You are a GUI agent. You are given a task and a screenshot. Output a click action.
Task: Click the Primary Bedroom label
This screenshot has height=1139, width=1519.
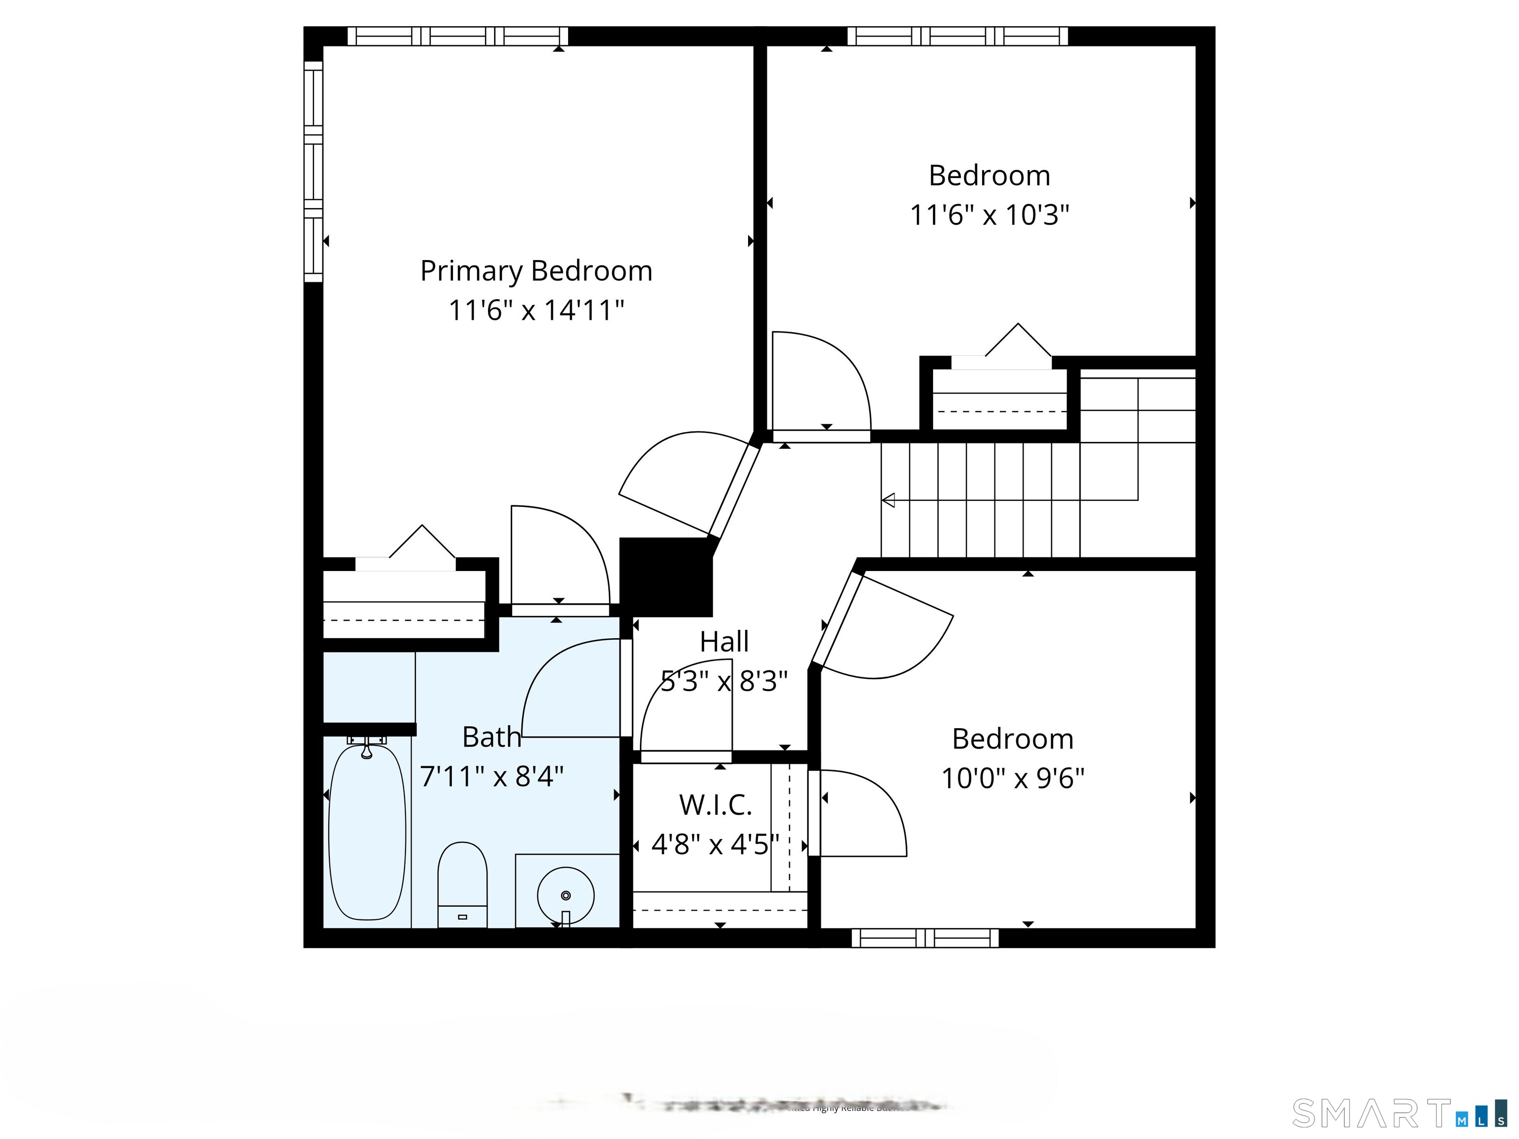tap(536, 271)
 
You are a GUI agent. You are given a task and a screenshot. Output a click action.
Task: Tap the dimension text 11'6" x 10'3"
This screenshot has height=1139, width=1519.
tap(989, 216)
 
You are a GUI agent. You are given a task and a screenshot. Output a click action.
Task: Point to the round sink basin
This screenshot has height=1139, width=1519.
tap(565, 895)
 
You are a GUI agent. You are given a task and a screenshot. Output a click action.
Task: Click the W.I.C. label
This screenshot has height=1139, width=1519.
tap(715, 805)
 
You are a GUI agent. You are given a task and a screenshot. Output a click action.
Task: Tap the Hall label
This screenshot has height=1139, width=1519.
tap(724, 642)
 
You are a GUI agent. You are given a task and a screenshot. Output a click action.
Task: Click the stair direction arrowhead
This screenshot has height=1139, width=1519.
tap(889, 500)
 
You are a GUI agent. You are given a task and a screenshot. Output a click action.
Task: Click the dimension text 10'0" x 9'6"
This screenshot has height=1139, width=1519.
tap(1012, 779)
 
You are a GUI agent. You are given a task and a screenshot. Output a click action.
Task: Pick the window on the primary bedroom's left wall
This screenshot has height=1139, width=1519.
tap(313, 172)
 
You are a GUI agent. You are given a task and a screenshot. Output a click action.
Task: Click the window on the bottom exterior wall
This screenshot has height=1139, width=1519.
tap(925, 938)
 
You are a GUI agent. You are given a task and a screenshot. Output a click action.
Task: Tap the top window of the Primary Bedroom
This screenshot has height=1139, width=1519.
tap(457, 37)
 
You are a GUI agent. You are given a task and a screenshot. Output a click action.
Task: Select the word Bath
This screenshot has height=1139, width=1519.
tap(491, 738)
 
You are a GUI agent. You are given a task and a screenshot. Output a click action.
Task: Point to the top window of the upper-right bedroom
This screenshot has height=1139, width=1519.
tap(957, 37)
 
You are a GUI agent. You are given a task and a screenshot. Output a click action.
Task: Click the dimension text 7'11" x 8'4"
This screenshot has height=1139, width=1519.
tap(491, 777)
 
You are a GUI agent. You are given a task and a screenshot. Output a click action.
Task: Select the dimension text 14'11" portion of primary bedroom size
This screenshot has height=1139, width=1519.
tap(583, 310)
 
